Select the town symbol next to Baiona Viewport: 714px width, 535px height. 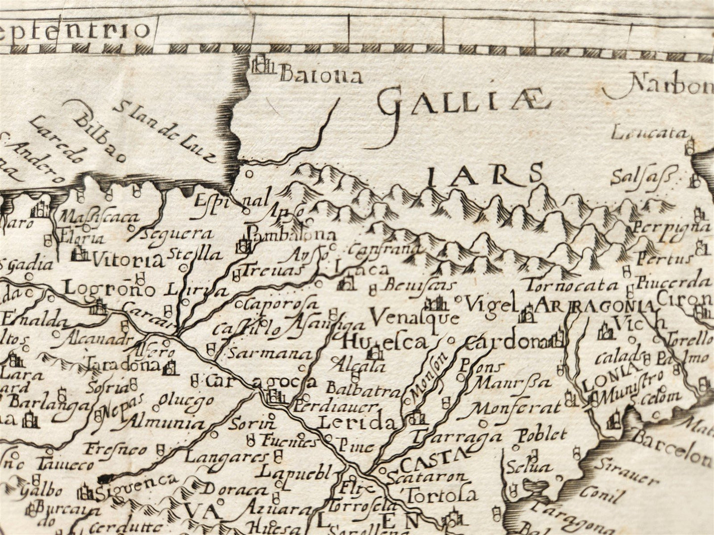click(x=262, y=66)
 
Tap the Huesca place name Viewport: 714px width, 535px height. click(x=384, y=342)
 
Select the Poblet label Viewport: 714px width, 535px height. click(x=542, y=435)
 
